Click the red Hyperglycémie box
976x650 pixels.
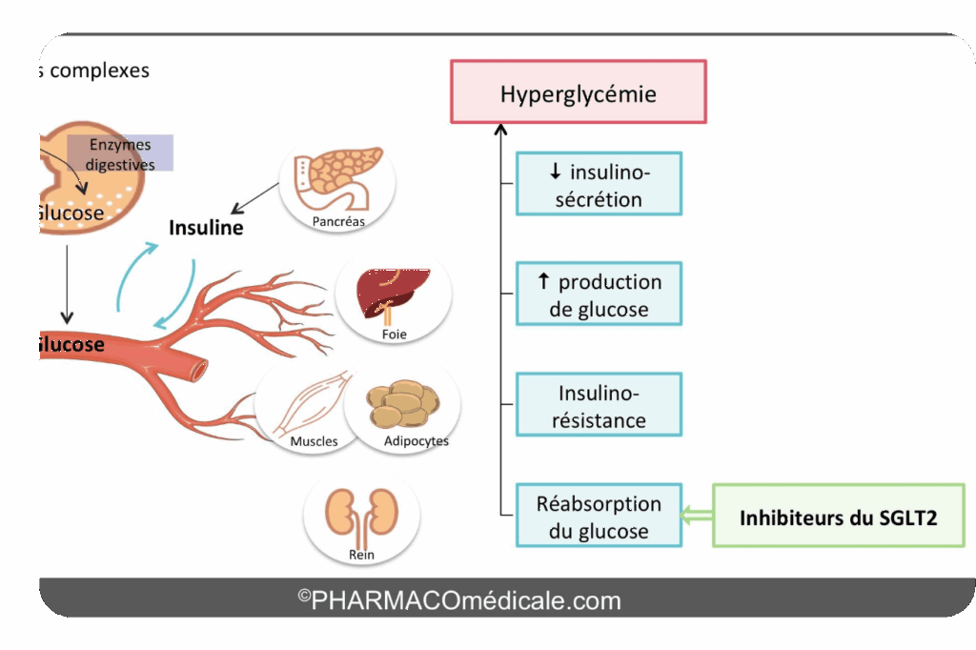click(578, 91)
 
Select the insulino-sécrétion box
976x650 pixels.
click(599, 184)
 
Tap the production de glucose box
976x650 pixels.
click(599, 294)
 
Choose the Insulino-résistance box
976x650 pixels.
click(599, 404)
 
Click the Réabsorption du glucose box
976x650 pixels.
click(599, 516)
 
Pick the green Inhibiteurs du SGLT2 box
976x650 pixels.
click(838, 516)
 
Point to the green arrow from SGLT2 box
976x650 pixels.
click(697, 516)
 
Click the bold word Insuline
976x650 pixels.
click(206, 228)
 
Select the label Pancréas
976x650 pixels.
click(338, 221)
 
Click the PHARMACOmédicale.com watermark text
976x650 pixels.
click(459, 600)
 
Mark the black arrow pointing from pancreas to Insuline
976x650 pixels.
click(255, 199)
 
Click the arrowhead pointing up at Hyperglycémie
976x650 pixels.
click(498, 130)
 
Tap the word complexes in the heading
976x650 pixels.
click(100, 71)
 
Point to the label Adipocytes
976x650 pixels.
click(416, 441)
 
